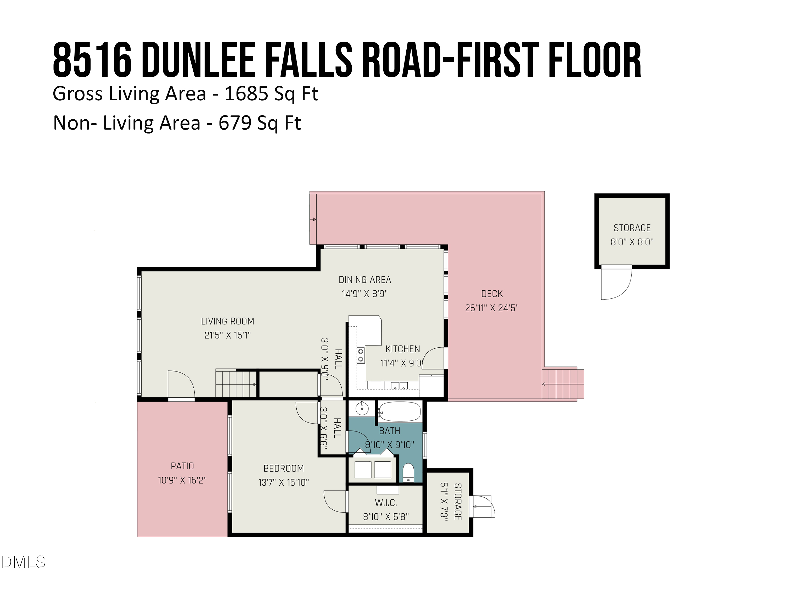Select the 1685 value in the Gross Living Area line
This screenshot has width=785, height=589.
246,94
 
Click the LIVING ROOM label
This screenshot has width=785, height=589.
227,321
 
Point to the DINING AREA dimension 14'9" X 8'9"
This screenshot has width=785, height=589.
365,294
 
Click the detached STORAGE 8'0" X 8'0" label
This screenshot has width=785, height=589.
632,235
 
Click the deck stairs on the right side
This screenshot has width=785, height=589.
563,384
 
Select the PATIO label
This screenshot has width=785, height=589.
182,466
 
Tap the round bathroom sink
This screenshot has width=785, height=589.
362,409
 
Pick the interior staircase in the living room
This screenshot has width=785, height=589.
236,384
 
